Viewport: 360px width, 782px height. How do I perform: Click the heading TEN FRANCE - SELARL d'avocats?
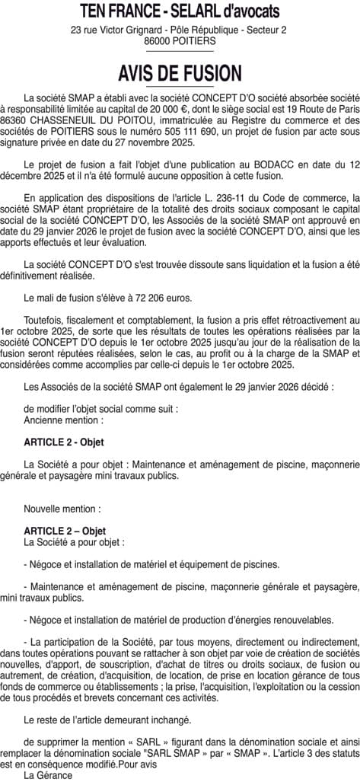180,11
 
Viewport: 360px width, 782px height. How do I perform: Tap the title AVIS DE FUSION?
180,73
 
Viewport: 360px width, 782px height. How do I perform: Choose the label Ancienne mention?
63,420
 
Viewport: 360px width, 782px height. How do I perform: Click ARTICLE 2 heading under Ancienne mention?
64,442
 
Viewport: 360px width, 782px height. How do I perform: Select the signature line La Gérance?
48,774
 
